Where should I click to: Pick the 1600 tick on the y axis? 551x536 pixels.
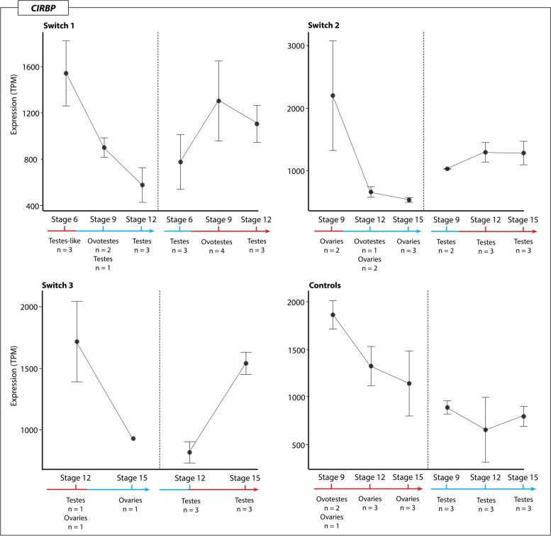pyautogui.click(x=31, y=67)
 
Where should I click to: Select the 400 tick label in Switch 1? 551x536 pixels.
pyautogui.click(x=33, y=206)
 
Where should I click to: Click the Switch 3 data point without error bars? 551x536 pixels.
pyautogui.click(x=133, y=438)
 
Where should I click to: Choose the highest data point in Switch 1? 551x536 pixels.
pyautogui.click(x=66, y=73)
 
